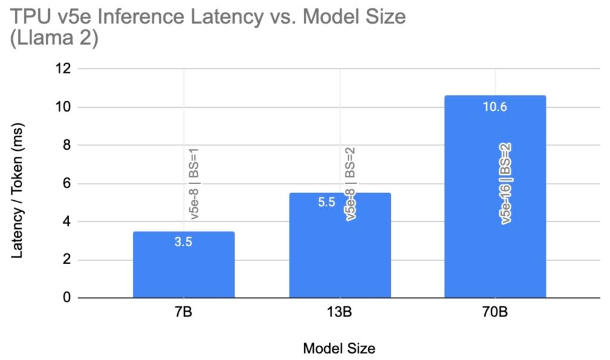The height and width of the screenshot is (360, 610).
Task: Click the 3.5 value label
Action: [x=183, y=242]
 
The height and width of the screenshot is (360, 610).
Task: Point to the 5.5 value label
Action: [x=326, y=203]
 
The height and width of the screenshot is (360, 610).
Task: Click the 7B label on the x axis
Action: [x=183, y=312]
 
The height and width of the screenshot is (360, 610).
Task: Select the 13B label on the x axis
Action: [x=340, y=312]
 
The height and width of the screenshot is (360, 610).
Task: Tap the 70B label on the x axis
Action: [x=495, y=312]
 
